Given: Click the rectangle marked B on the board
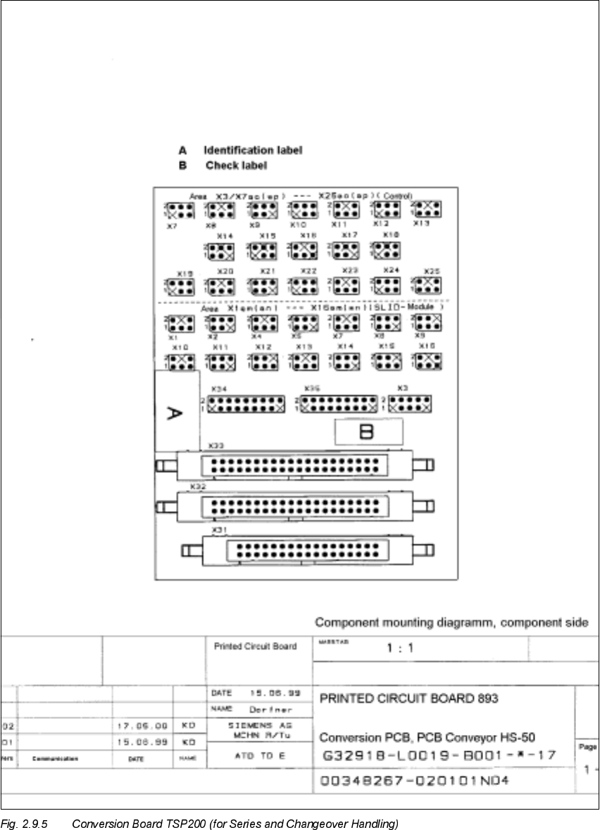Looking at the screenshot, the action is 368,432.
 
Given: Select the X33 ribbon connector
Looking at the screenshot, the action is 294,465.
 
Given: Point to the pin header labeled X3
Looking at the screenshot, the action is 410,403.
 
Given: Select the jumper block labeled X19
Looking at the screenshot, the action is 181,286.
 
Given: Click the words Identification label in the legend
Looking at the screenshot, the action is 253,150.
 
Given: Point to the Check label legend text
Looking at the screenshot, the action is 236,165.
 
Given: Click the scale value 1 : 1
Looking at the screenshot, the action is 400,649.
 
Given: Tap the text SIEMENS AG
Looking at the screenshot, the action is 260,724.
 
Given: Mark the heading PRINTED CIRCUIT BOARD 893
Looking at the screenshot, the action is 409,699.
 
